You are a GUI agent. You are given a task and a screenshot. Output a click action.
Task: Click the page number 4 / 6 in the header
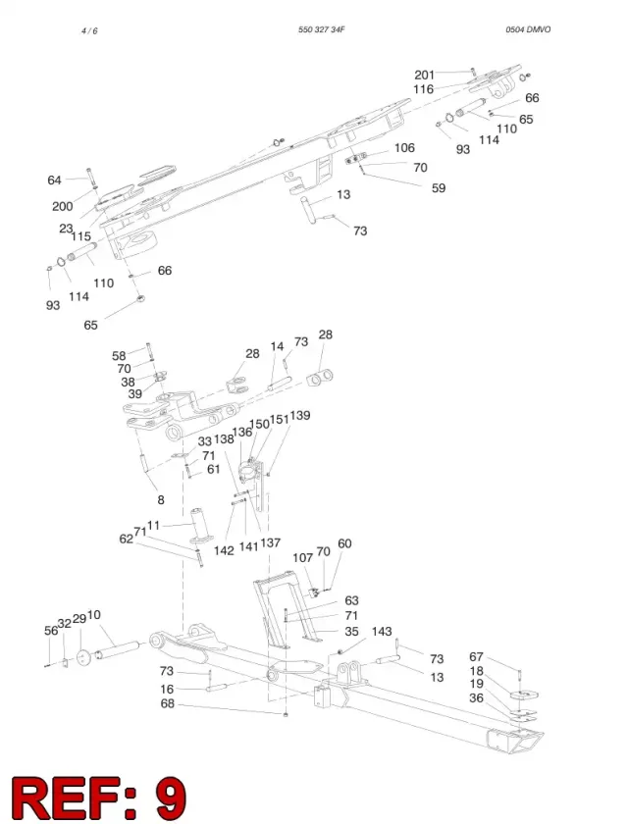coord(89,31)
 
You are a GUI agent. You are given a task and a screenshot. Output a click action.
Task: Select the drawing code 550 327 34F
coord(321,29)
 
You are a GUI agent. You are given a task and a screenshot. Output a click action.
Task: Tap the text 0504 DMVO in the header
coord(528,29)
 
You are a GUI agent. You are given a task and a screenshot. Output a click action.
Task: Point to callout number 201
coord(425,75)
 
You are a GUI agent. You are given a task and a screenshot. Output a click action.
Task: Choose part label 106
coord(404,148)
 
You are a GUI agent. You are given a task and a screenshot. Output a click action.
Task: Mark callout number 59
coord(439,188)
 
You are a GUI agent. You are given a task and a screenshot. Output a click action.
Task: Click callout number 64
coord(55,180)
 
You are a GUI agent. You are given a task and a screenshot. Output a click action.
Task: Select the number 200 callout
coord(63,206)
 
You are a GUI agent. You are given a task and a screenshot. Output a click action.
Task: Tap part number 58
coord(119,356)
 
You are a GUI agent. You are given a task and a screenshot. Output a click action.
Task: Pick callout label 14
coord(277,346)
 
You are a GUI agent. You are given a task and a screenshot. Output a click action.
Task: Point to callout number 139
coord(300,415)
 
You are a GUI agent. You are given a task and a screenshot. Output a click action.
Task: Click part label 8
coord(161,499)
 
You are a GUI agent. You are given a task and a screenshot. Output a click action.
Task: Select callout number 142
coord(224,550)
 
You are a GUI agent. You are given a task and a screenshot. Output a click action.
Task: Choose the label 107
coord(302,557)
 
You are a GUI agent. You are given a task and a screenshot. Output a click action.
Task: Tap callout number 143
coord(382,631)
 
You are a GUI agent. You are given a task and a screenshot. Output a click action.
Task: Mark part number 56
coord(51,631)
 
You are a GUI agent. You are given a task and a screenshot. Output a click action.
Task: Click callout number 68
coord(167,703)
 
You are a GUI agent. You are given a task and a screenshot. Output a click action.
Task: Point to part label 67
coord(476,657)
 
